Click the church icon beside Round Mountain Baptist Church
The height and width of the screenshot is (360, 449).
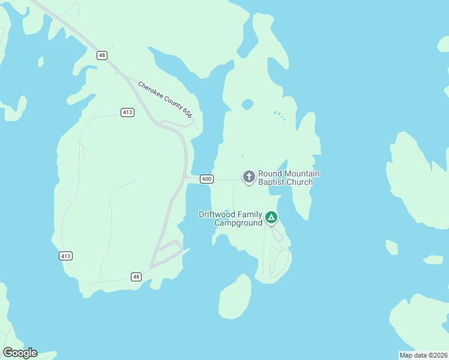249,177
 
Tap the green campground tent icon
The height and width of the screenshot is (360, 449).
271,217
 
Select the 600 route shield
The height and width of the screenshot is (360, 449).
206,179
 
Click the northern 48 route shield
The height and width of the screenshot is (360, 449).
102,55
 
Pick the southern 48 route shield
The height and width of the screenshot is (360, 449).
137,277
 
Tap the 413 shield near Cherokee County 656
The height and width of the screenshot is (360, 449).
127,112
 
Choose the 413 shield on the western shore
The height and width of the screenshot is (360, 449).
66,256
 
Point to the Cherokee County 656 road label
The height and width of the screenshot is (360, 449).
165,100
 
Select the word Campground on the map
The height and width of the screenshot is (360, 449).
239,223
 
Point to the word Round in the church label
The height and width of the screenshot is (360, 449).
270,174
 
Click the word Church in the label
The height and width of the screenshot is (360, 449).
300,182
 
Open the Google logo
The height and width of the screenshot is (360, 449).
20,353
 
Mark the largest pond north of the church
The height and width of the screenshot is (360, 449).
247,104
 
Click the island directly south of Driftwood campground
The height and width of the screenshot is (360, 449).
235,297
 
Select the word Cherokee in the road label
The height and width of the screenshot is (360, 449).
152,91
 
